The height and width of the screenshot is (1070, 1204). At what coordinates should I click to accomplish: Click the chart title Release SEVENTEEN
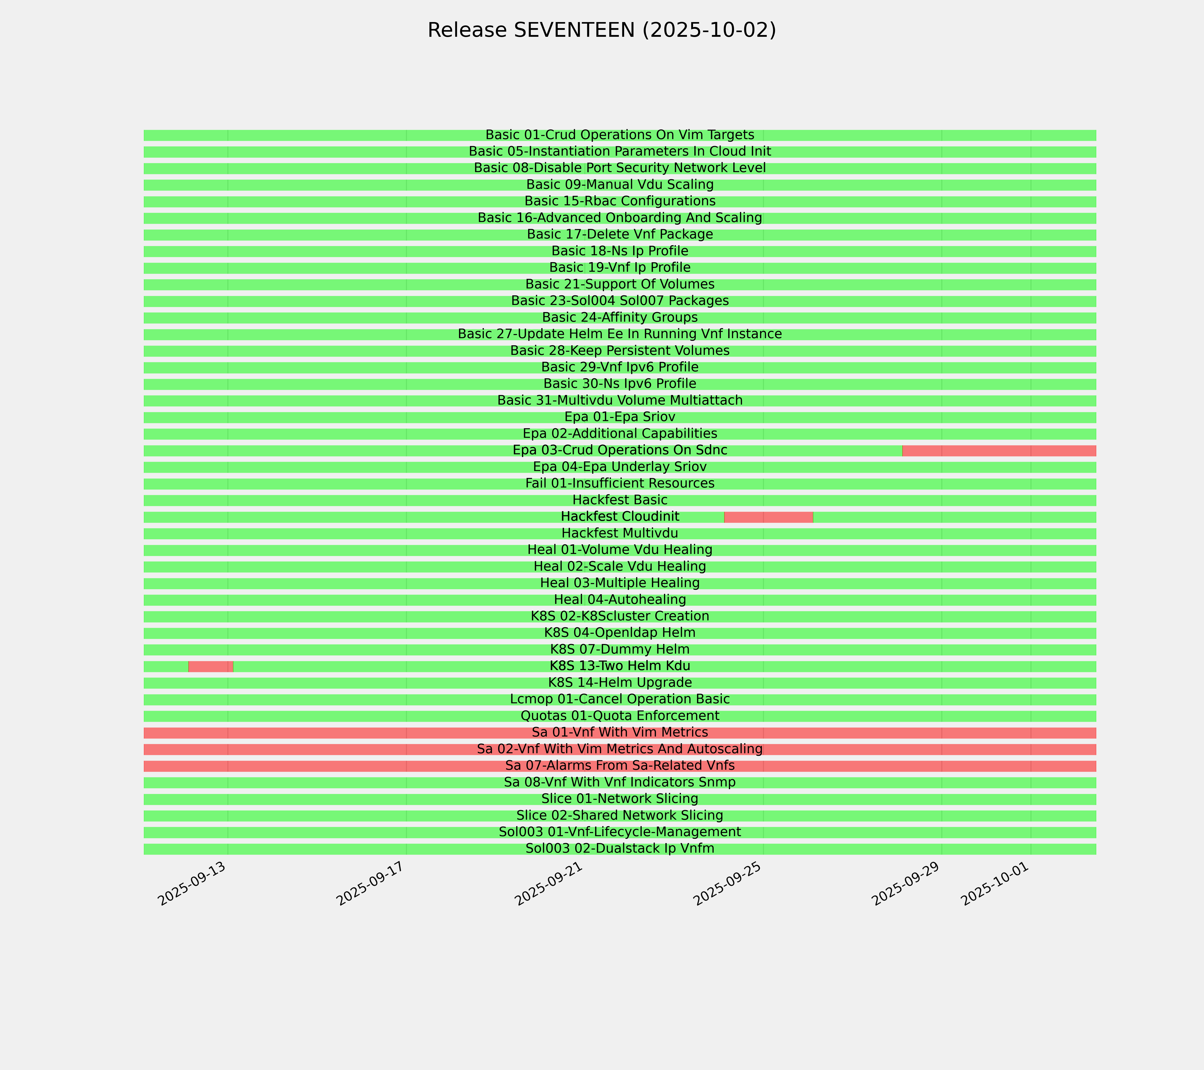601,30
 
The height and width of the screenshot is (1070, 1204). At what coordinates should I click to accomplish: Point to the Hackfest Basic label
620,500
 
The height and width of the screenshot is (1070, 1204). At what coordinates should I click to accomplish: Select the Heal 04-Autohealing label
620,599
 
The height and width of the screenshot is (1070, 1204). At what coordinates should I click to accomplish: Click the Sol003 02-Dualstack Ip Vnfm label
620,849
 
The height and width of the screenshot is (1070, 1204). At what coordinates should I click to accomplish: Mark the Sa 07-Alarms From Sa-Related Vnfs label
620,765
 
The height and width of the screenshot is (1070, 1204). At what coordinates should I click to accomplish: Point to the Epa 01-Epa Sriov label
620,417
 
